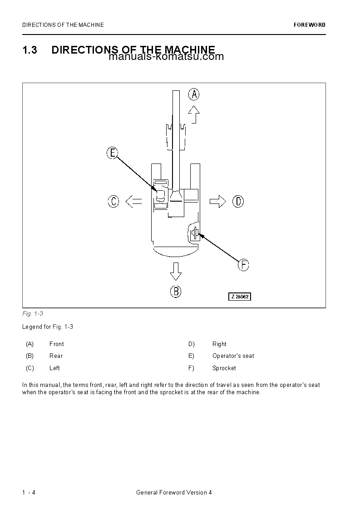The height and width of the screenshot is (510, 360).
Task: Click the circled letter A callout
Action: coord(194,94)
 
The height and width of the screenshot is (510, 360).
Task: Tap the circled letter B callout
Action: coord(176,291)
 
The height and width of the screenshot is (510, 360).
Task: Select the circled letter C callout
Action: coord(113,201)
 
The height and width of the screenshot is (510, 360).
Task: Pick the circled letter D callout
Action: coord(238,201)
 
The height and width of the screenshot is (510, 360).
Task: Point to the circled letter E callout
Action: coord(113,153)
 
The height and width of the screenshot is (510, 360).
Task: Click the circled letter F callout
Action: coord(244,265)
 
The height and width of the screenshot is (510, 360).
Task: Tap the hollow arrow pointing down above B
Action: coord(176,271)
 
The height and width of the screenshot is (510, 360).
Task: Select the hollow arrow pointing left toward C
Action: coord(133,201)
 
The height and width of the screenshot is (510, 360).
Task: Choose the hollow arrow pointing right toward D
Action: coord(218,201)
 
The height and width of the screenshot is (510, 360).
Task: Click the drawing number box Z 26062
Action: coord(239,297)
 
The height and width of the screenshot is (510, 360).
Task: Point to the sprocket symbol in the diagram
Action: coord(194,233)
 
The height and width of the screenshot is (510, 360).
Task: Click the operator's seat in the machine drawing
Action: coord(161,196)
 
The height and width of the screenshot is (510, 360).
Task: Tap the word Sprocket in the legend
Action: coord(224,368)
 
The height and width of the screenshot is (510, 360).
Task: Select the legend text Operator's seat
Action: coord(233,356)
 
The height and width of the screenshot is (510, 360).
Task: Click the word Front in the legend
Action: coord(56,344)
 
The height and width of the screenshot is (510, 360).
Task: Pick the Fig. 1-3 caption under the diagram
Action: coord(32,314)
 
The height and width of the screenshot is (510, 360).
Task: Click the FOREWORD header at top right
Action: coord(309,25)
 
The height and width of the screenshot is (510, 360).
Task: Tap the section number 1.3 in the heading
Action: coord(30,50)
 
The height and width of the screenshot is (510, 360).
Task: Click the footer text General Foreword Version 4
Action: coord(174,493)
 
